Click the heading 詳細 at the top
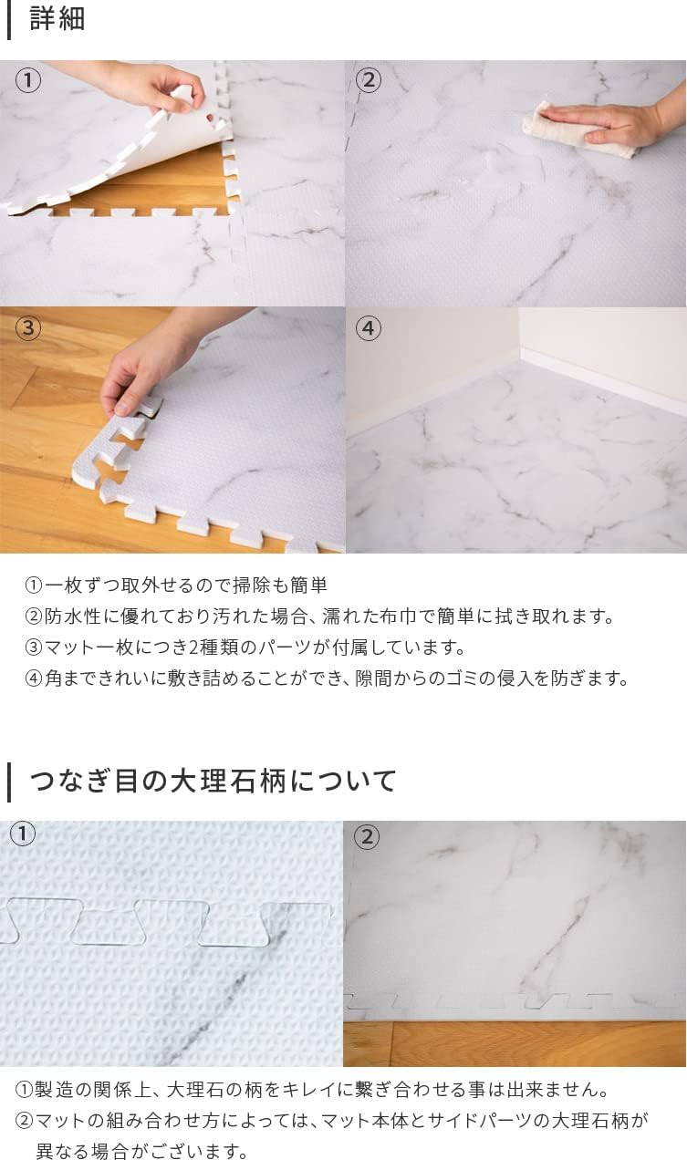tap(57, 19)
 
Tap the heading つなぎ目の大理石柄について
tap(213, 781)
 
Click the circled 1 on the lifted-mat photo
tap(28, 80)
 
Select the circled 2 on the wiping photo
tap(368, 80)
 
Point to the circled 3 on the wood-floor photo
tap(28, 327)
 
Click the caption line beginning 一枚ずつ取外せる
tap(176, 585)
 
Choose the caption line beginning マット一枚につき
tap(245, 647)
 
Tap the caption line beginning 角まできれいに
tap(327, 678)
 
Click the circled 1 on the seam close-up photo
tap(22, 834)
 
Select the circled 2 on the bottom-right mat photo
tap(366, 836)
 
